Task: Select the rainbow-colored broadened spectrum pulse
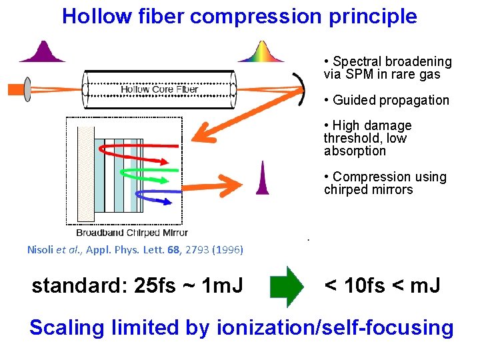click(261, 53)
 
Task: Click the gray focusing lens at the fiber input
click(27, 89)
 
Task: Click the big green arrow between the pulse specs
click(285, 287)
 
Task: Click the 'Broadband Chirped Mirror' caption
click(131, 233)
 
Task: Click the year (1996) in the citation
click(227, 250)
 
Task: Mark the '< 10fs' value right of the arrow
click(354, 286)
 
